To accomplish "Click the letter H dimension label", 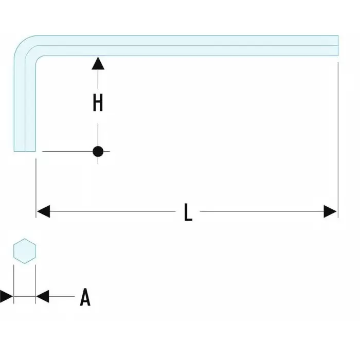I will click(98, 103).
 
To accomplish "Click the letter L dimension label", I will click(188, 212).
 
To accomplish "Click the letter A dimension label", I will click(85, 297).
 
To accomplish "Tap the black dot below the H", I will click(98, 151).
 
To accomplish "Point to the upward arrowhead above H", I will click(98, 63).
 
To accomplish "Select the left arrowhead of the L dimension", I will click(43, 211).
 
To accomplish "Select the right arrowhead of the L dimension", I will click(331, 211).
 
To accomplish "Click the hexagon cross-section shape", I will click(24, 251).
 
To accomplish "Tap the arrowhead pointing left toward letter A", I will click(43, 296).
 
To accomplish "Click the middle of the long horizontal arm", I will click(185, 45).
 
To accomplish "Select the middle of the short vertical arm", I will click(25, 103).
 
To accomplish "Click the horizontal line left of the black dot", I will click(67, 151).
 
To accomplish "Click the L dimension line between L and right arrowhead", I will click(262, 211).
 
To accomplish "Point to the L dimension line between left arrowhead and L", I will click(113, 211).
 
